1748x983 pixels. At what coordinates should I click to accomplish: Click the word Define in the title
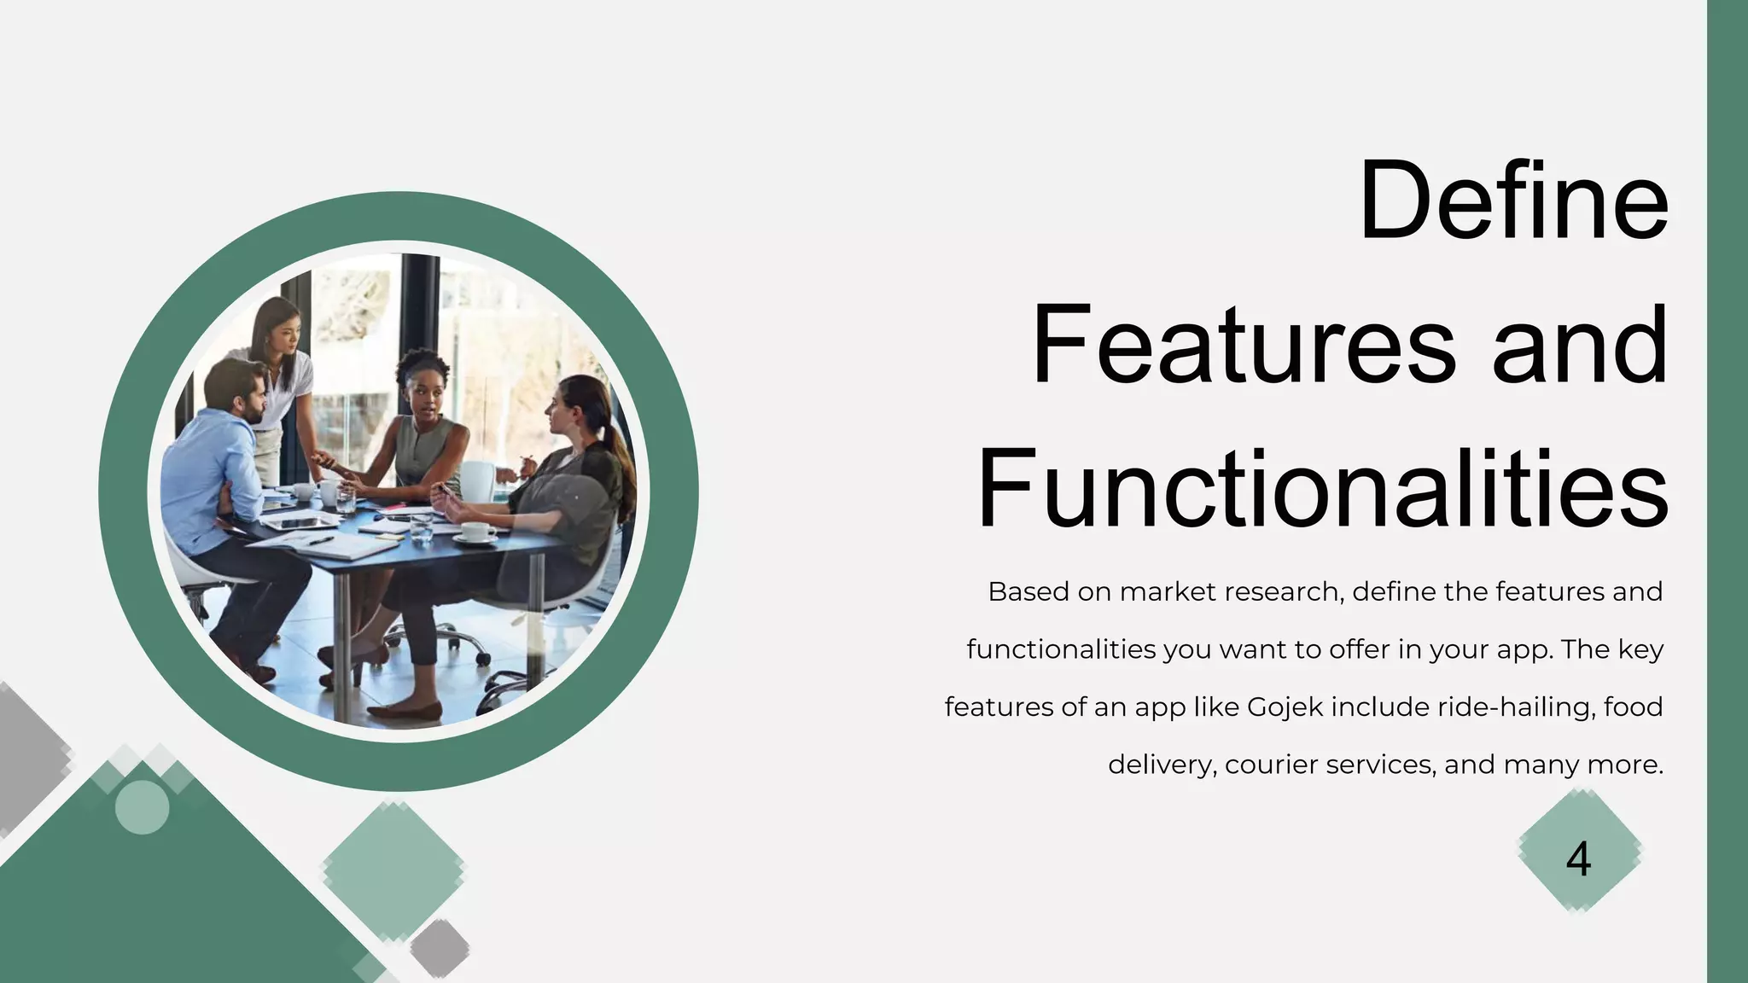tap(1512, 202)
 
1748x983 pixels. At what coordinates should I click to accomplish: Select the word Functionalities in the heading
tap(1322, 491)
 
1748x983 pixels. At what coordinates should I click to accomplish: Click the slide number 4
tap(1578, 859)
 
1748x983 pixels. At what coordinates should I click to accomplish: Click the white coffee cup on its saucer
tap(479, 532)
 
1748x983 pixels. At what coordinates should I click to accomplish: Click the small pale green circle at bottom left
tap(142, 807)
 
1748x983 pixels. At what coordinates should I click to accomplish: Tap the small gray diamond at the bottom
tap(440, 947)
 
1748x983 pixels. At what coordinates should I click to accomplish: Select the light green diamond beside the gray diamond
tap(393, 870)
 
